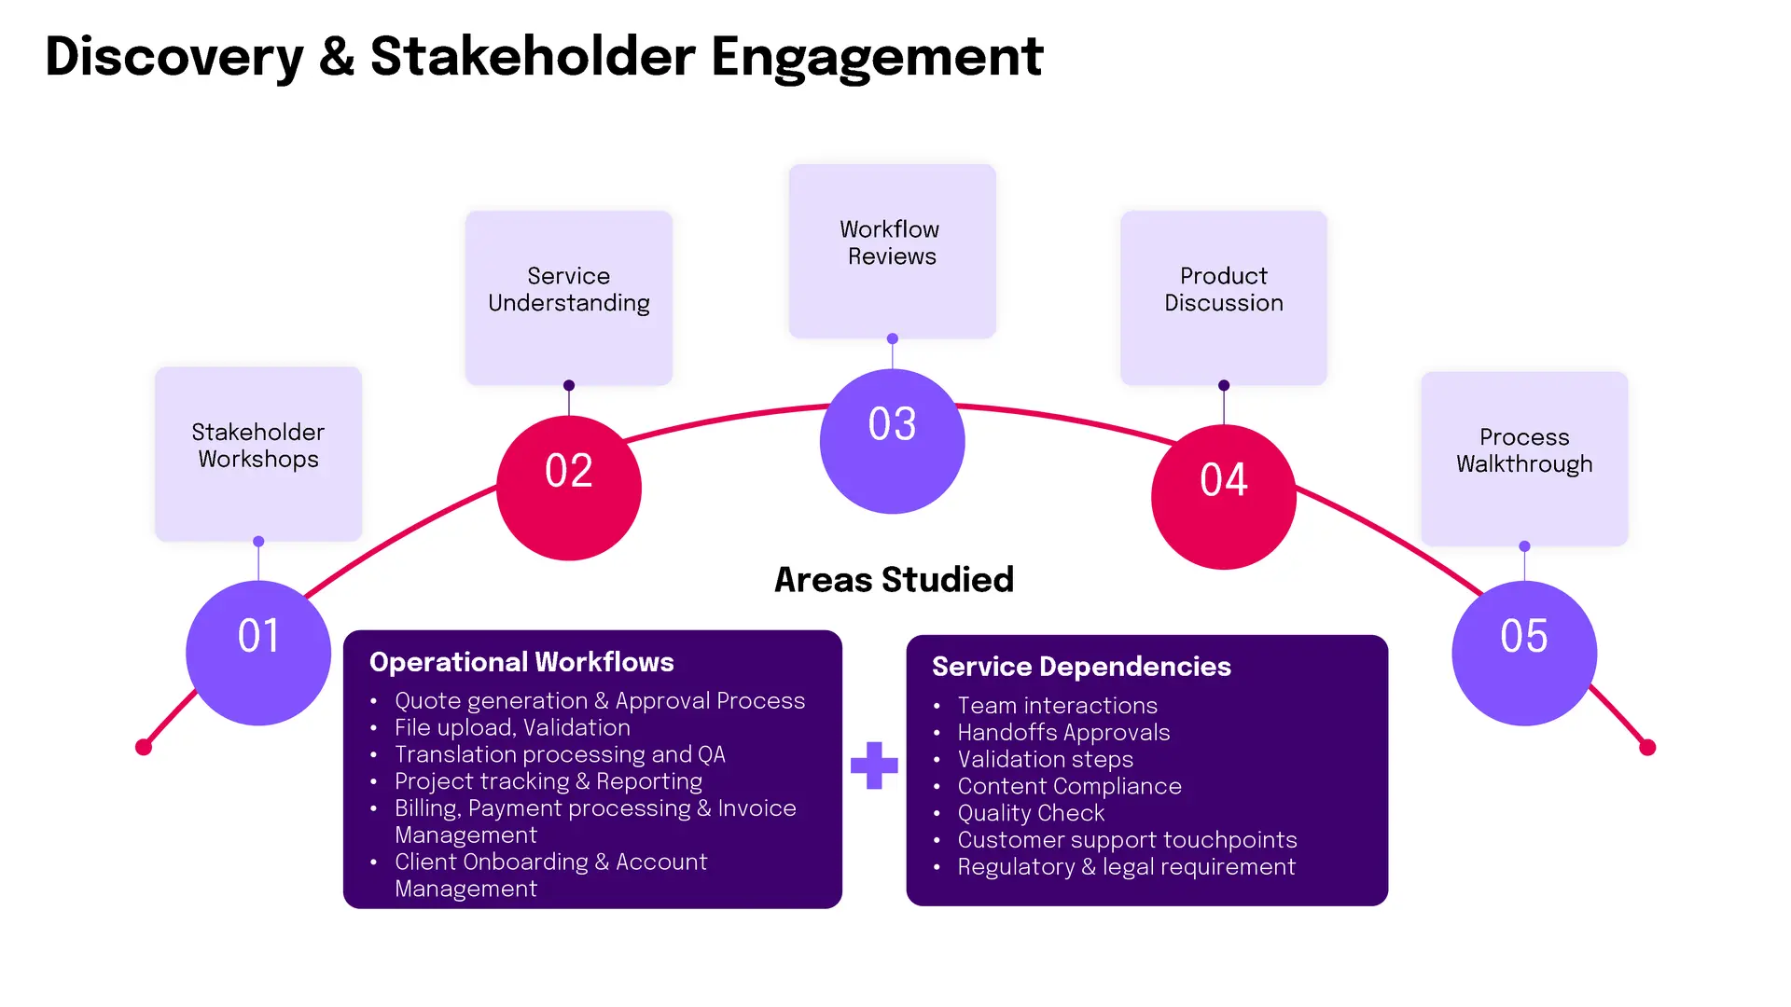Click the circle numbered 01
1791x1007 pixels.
pyautogui.click(x=258, y=653)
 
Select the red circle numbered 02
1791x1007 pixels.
pyautogui.click(x=569, y=488)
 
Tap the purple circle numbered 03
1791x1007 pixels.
pyautogui.click(x=893, y=441)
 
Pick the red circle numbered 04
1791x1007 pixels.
pyautogui.click(x=1224, y=497)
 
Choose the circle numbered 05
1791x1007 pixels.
pyautogui.click(x=1524, y=653)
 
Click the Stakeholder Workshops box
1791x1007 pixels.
pyautogui.click(x=258, y=454)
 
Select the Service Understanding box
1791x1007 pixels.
pyautogui.click(x=569, y=298)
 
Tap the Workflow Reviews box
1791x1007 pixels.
pyautogui.click(x=893, y=252)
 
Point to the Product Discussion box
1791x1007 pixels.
pyautogui.click(x=1224, y=298)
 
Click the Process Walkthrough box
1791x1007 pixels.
pyautogui.click(x=1524, y=459)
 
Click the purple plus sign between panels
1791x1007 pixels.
pyautogui.click(x=874, y=766)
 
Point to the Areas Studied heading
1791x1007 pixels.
pyautogui.click(x=894, y=580)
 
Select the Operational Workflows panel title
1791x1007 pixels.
pyautogui.click(x=521, y=662)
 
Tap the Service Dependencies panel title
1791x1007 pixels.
pyautogui.click(x=1081, y=667)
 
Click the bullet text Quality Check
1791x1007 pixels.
pyautogui.click(x=1031, y=813)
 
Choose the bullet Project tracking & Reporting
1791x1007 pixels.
pyautogui.click(x=548, y=781)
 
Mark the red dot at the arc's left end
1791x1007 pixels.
pyautogui.click(x=144, y=747)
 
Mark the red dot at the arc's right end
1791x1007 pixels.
pyautogui.click(x=1647, y=747)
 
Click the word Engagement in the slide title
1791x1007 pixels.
pyautogui.click(x=877, y=58)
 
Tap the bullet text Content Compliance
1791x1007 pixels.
pyautogui.click(x=1069, y=786)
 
